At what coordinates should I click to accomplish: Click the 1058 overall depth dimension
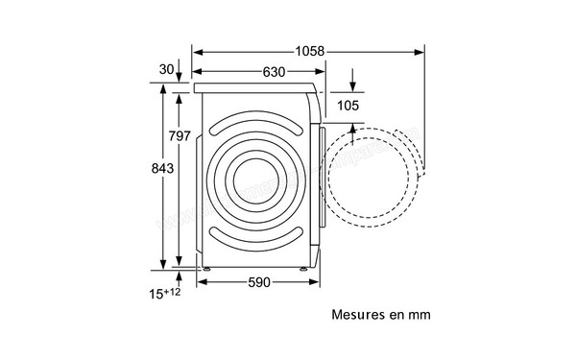tap(308, 50)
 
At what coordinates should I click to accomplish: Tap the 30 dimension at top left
tap(167, 68)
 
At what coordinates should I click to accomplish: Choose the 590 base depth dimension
tap(257, 282)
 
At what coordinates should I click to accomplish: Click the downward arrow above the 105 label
tap(352, 81)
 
